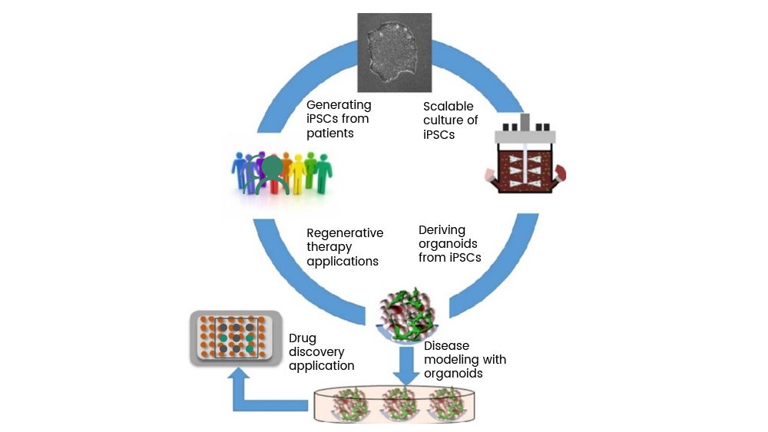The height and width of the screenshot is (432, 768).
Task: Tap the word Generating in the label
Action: (x=339, y=104)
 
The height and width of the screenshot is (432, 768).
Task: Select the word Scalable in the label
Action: (x=449, y=106)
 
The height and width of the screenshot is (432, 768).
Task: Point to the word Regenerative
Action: (x=345, y=232)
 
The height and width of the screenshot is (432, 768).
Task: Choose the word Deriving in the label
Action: (x=442, y=229)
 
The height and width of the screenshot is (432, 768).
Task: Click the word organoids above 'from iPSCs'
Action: (x=449, y=243)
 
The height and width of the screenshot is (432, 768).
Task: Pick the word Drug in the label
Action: (x=303, y=338)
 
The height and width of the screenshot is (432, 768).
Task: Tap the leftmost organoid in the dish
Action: (x=351, y=403)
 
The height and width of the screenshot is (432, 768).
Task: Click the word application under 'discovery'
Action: (x=322, y=366)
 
